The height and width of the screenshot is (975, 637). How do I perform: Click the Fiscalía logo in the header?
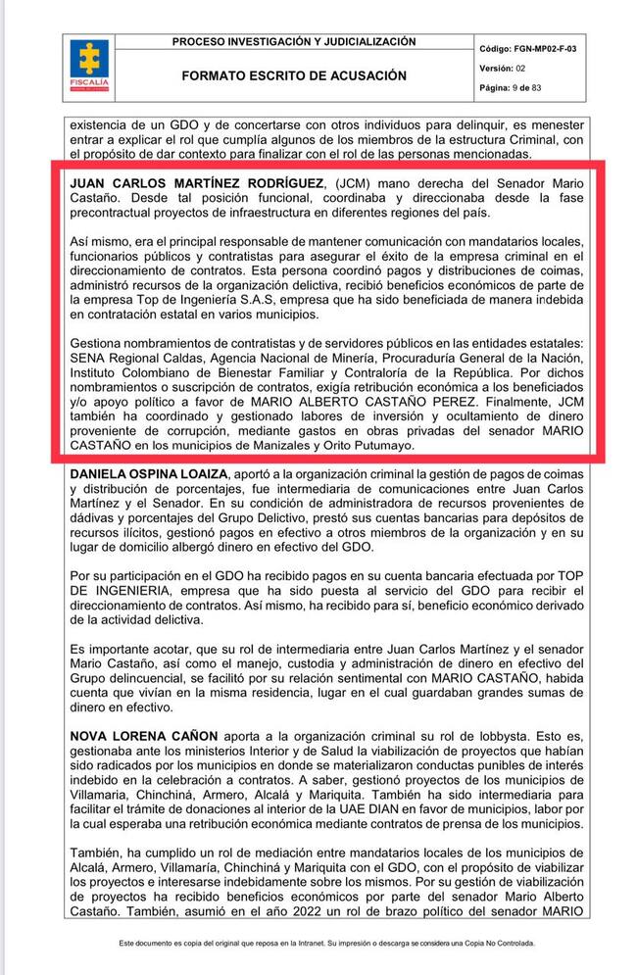89,67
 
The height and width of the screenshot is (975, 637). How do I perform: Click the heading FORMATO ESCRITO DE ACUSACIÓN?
294,75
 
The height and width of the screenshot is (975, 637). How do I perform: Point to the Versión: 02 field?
503,68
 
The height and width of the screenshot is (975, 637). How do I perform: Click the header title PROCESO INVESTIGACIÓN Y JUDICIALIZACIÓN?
294,42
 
